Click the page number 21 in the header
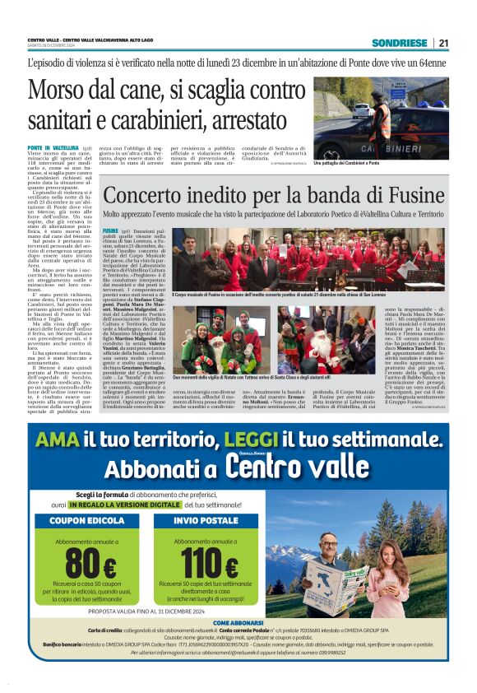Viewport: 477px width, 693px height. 443,43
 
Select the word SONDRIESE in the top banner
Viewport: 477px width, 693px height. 398,43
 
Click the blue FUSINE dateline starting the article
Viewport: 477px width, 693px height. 110,231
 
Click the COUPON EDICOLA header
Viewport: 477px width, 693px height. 88,520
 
